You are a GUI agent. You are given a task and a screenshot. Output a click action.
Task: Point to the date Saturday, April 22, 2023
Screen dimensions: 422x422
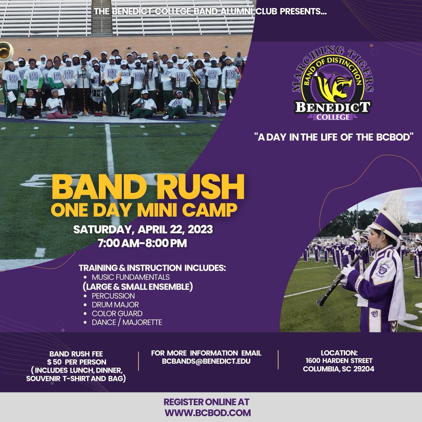[x=143, y=230]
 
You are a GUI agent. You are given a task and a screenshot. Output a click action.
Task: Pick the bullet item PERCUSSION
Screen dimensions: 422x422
[x=113, y=296]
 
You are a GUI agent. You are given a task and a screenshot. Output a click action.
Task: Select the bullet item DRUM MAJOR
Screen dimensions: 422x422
[x=115, y=305]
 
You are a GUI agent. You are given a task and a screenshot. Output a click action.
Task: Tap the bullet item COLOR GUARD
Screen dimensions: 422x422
[x=117, y=313]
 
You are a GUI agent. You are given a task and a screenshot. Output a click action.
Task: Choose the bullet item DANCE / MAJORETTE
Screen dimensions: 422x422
[x=127, y=322]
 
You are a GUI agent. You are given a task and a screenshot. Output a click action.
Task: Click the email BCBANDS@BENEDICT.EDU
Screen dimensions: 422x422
[x=206, y=361]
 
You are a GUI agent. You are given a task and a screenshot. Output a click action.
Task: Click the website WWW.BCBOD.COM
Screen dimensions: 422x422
[x=207, y=413]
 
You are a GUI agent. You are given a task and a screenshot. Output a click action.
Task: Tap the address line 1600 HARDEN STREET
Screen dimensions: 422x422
[x=339, y=360]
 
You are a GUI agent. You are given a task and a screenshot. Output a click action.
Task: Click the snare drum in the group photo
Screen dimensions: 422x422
[x=97, y=93]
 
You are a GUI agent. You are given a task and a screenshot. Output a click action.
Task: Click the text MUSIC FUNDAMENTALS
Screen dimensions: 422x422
[x=130, y=277]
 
